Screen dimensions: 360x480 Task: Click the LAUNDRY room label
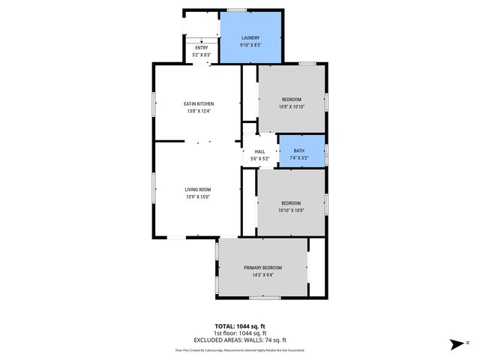coord(250,37)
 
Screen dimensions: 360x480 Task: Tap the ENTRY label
coord(202,48)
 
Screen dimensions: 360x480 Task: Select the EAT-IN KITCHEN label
coord(199,103)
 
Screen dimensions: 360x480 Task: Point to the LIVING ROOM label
coord(199,189)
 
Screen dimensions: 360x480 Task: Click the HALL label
coord(259,151)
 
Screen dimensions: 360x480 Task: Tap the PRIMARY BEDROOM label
coord(262,268)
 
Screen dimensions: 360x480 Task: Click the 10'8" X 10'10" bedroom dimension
coord(292,107)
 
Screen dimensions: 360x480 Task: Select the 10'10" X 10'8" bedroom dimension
coord(291,211)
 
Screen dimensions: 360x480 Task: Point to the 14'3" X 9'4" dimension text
coord(262,275)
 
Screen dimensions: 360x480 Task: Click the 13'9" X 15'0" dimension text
coord(199,197)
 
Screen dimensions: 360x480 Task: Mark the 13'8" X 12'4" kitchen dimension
coord(199,111)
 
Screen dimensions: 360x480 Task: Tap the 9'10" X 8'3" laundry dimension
coord(250,45)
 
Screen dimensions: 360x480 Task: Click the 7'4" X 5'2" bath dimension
coord(299,158)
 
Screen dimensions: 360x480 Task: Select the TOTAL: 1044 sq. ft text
coord(240,326)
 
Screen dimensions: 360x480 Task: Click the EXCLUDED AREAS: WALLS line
coord(240,340)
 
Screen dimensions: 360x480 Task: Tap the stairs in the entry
coord(195,38)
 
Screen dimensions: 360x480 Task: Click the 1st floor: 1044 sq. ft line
coord(240,333)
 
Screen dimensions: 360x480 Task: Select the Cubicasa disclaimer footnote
coord(240,349)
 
